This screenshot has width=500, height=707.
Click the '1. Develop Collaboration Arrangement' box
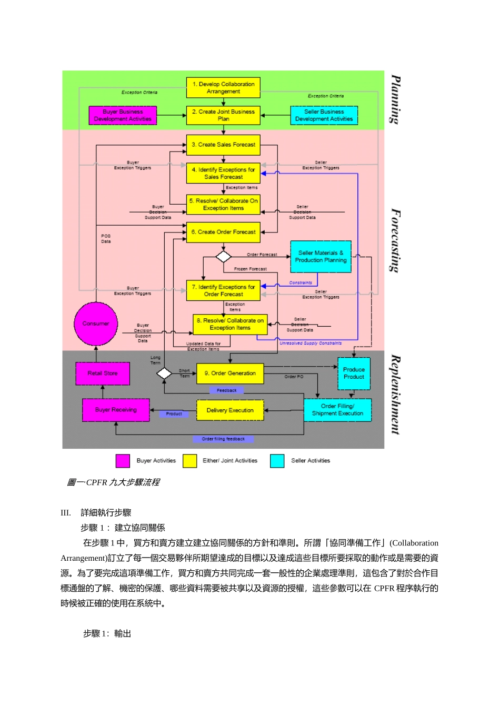[x=223, y=88]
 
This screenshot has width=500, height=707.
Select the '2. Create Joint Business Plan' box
[x=223, y=116]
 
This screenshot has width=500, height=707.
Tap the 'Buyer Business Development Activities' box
[x=123, y=116]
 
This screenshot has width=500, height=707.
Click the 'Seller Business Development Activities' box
[x=324, y=116]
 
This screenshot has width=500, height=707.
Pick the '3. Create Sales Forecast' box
[x=223, y=145]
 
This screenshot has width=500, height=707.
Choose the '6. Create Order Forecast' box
[x=223, y=232]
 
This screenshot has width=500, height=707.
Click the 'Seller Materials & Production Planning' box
[x=321, y=257]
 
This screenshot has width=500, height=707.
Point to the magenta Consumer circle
[x=96, y=324]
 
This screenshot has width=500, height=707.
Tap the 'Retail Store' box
[x=103, y=373]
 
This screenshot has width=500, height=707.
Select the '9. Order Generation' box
[x=230, y=373]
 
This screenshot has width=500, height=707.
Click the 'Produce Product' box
[x=354, y=373]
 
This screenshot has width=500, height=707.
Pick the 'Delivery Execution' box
[x=230, y=410]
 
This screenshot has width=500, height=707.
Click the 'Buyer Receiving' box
[x=116, y=410]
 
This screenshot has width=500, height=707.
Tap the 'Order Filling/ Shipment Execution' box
[x=337, y=410]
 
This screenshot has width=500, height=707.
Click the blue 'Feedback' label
[x=227, y=390]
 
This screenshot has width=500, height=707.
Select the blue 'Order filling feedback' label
[x=223, y=439]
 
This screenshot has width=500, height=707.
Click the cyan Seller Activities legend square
[x=277, y=461]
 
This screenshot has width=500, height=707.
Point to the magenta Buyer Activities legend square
[x=123, y=461]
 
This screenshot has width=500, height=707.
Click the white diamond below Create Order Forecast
[x=224, y=257]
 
